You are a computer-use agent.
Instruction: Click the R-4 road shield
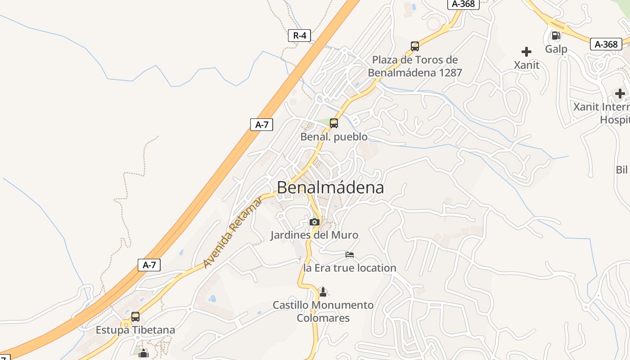click(300, 36)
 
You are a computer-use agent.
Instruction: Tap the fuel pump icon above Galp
click(556, 35)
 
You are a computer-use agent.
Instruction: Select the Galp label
click(556, 49)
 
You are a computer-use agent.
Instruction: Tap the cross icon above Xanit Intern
click(620, 94)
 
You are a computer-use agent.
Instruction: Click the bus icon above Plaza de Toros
click(415, 46)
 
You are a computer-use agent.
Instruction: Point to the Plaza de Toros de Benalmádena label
click(415, 66)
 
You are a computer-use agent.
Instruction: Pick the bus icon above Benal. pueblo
click(334, 123)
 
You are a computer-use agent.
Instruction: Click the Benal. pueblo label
click(334, 137)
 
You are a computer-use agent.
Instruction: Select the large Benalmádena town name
click(330, 188)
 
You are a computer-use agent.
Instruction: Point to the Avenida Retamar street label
click(233, 232)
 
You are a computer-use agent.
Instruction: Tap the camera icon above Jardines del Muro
click(315, 222)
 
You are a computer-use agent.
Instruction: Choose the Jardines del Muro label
click(314, 235)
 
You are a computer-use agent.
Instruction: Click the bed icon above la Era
click(350, 255)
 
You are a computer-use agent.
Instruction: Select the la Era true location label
click(350, 268)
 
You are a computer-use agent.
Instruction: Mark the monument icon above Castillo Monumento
click(323, 292)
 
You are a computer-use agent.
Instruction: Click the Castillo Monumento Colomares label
click(323, 311)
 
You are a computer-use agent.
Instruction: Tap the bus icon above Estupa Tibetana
click(135, 317)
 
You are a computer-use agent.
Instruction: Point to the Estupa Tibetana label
click(135, 330)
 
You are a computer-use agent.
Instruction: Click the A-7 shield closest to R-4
click(261, 125)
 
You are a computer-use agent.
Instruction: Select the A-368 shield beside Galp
click(606, 44)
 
